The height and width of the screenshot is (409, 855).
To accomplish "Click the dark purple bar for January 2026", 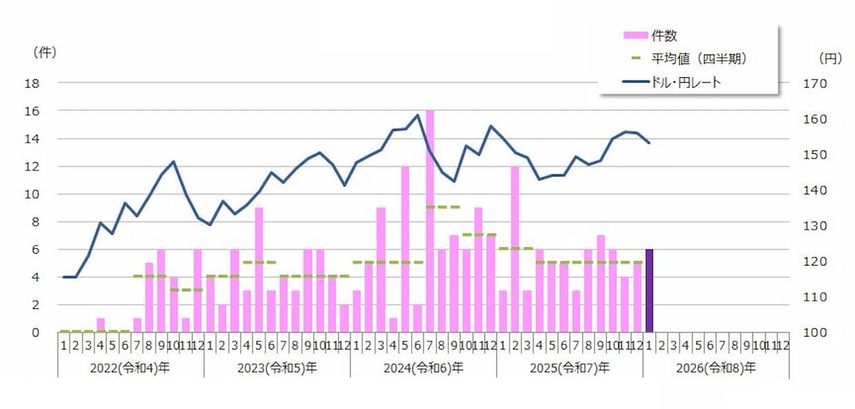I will coord(649,290).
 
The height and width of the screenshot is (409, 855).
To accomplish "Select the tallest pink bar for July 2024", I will coord(430,221).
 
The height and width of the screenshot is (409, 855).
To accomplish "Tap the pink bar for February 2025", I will coord(515,248).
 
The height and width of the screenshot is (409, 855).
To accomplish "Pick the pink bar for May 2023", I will coord(259,269).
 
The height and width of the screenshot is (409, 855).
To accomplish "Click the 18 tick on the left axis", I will coord(33,83).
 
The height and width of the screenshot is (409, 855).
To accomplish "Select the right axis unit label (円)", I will coord(830,59).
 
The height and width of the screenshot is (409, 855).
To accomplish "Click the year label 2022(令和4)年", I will coord(130,368).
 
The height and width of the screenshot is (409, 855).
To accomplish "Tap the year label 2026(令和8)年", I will coord(716,368).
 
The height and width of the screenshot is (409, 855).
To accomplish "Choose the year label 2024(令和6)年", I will coord(423,368).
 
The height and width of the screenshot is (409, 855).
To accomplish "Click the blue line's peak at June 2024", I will coord(417,115).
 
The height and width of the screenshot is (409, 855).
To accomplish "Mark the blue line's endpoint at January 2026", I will coord(649,143).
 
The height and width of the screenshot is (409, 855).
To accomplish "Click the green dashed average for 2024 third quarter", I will coord(442,207).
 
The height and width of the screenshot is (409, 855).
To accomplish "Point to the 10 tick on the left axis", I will coord(33,194).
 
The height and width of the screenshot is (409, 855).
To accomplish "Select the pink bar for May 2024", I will coord(405,248).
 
